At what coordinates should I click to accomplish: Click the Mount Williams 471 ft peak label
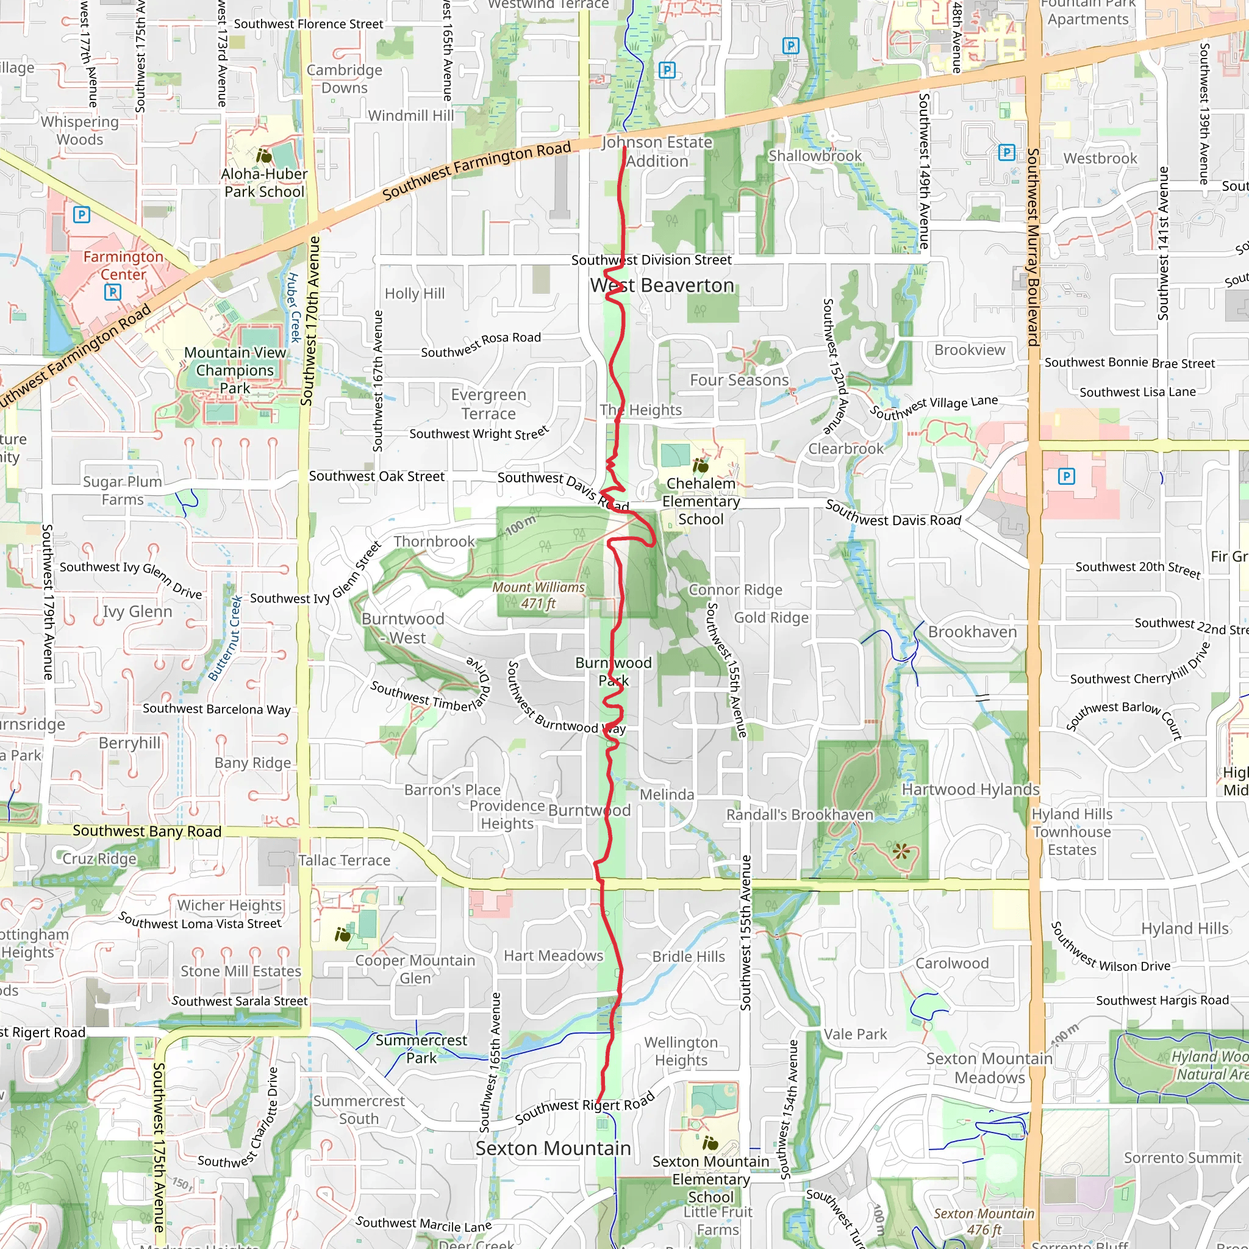[x=539, y=595]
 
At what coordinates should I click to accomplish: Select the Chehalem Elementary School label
[x=701, y=501]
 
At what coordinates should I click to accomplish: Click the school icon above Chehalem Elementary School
[x=700, y=465]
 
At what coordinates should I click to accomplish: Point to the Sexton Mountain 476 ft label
[x=984, y=1221]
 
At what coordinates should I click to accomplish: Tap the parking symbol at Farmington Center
[x=112, y=292]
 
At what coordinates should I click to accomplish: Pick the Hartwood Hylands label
[x=970, y=789]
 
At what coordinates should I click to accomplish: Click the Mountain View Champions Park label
[x=235, y=370]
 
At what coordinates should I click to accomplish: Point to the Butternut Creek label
[x=226, y=638]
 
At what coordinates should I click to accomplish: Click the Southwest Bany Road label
[x=147, y=831]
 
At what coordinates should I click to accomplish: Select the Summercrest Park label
[x=421, y=1048]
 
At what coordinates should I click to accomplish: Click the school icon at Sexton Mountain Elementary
[x=710, y=1143]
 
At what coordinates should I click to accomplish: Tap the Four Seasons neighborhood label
[x=739, y=380]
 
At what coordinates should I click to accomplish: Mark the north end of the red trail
[x=624, y=149]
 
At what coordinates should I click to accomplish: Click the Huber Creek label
[x=293, y=307]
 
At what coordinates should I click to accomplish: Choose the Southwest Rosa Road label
[x=481, y=345]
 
